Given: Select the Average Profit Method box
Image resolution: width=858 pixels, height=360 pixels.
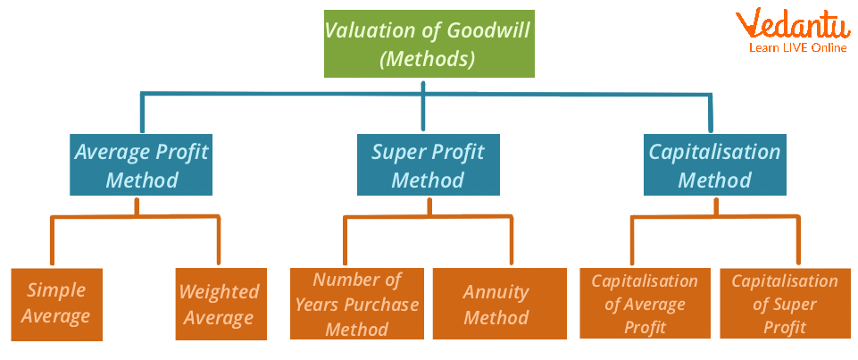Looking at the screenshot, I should pos(141,165).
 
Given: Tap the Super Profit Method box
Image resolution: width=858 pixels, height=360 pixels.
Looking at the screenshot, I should pos(428,165).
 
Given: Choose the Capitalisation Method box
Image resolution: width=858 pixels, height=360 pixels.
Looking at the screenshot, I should pos(714,165).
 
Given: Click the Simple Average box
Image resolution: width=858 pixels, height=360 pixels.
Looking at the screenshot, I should pos(57,304).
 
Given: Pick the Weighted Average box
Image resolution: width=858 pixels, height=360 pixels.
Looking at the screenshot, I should pos(220,304).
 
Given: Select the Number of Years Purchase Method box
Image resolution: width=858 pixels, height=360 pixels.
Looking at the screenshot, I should pos(356,304).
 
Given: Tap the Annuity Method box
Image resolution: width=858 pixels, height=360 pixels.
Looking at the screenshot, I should pos(498,304).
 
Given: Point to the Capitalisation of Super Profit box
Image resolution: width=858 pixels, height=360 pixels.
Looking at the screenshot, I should pos(785,304).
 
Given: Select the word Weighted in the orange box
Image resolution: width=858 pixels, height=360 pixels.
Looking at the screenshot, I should pos(220,292).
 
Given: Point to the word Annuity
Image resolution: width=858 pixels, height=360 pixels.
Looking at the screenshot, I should pos(496,292).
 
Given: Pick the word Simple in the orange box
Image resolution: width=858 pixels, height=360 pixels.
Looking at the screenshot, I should pos(56,290).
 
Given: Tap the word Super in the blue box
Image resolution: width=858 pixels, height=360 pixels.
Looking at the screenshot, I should pos(397,152).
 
